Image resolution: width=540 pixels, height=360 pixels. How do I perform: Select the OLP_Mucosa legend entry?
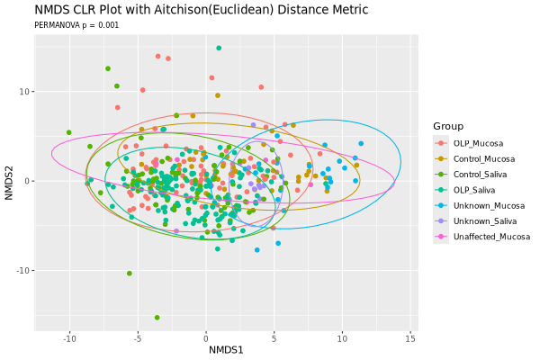(478, 143)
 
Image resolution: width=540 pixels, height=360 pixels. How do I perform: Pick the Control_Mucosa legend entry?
(482, 158)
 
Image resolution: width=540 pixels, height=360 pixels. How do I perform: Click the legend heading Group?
(447, 125)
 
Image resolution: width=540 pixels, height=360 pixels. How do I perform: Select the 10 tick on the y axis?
(24, 92)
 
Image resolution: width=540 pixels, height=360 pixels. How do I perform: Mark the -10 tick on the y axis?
(22, 271)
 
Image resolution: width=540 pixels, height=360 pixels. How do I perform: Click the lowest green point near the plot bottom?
(157, 318)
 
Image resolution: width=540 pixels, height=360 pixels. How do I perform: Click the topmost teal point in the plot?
(219, 49)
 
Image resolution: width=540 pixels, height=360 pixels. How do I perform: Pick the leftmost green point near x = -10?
(68, 132)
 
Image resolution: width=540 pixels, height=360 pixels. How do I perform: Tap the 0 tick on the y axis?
(27, 181)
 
